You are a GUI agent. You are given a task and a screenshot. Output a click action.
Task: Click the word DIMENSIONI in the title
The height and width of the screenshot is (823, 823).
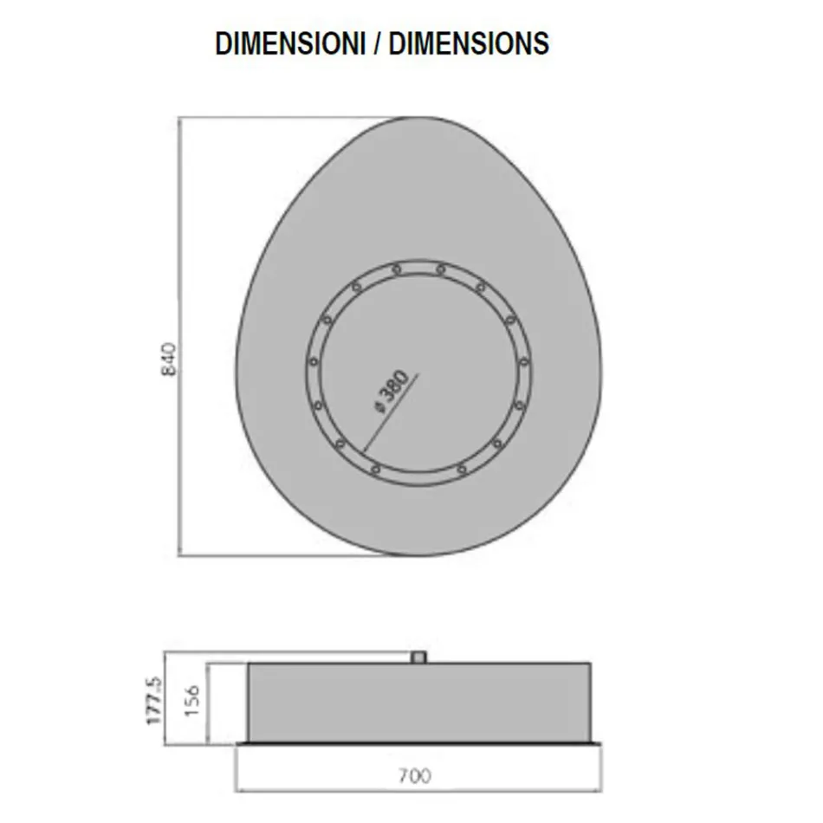click(x=290, y=43)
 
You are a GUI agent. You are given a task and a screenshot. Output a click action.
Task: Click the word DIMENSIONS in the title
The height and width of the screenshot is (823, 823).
click(x=469, y=43)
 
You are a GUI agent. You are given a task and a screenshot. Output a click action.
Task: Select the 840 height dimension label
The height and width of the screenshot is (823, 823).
click(x=170, y=359)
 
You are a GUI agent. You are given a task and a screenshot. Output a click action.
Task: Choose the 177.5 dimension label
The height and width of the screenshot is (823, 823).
click(x=154, y=702)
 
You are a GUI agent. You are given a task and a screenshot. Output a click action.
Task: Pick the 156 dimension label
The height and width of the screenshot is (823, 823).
click(x=192, y=703)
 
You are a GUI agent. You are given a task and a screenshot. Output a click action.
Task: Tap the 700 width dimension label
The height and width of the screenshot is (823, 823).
click(x=416, y=775)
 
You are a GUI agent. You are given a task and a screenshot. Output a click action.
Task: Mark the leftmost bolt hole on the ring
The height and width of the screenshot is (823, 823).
click(x=314, y=361)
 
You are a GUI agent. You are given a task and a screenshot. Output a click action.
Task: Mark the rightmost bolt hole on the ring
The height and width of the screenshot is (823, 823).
click(x=524, y=362)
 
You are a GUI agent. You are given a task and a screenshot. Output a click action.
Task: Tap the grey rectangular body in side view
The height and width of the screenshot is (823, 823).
click(x=420, y=702)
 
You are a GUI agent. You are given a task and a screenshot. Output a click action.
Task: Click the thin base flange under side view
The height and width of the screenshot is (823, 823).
click(x=420, y=743)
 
